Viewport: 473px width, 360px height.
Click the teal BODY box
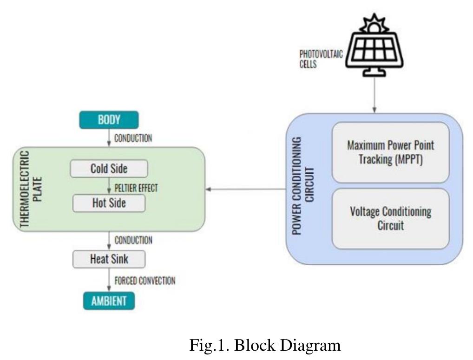click(x=109, y=119)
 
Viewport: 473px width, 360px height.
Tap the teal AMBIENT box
click(x=108, y=301)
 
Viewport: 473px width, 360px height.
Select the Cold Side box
click(x=109, y=169)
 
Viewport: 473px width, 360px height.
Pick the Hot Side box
click(x=109, y=203)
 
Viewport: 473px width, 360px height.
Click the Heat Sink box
click(x=109, y=259)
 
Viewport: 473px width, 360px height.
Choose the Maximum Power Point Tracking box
click(x=390, y=152)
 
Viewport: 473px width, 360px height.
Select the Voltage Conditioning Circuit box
click(x=390, y=218)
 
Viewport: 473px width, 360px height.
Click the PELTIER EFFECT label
click(x=136, y=188)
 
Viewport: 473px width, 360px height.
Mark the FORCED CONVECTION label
click(x=145, y=281)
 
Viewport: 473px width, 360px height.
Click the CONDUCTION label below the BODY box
click(x=133, y=138)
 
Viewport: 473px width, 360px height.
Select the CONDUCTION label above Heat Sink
click(x=133, y=240)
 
